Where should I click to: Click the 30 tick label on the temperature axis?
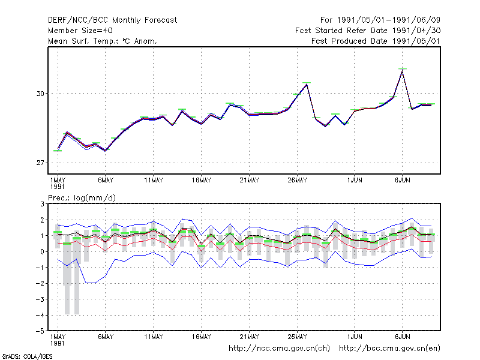[x=40, y=94]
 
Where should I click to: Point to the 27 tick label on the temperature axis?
[x=40, y=163]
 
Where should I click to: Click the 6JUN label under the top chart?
[x=402, y=181]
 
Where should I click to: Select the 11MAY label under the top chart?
[x=154, y=181]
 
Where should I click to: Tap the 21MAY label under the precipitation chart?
[x=249, y=337]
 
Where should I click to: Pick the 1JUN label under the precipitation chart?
[x=355, y=337]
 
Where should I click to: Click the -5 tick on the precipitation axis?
[x=40, y=331]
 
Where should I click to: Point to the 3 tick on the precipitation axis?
[x=42, y=204]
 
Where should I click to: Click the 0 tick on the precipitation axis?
[x=42, y=251]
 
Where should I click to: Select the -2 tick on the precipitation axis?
[x=40, y=283]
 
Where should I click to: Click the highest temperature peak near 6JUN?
[x=402, y=70]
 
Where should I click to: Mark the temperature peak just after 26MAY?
[x=307, y=84]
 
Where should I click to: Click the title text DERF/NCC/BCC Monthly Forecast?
[x=112, y=20]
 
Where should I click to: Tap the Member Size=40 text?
[x=80, y=31]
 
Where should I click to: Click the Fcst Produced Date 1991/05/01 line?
[x=376, y=41]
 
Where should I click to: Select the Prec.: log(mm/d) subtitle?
[x=82, y=198]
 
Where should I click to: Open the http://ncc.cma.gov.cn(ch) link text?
[x=279, y=349]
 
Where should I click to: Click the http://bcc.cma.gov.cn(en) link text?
[x=389, y=349]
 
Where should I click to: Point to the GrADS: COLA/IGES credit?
[x=27, y=356]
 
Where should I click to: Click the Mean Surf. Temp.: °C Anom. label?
[x=102, y=41]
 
